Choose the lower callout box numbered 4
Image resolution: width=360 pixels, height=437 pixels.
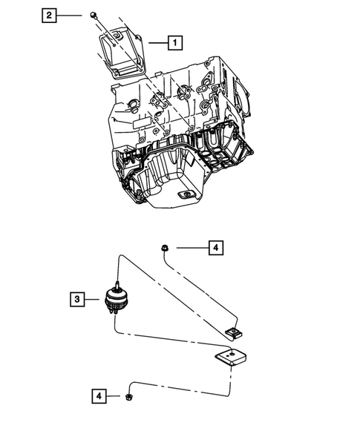pyautogui.click(x=99, y=396)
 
